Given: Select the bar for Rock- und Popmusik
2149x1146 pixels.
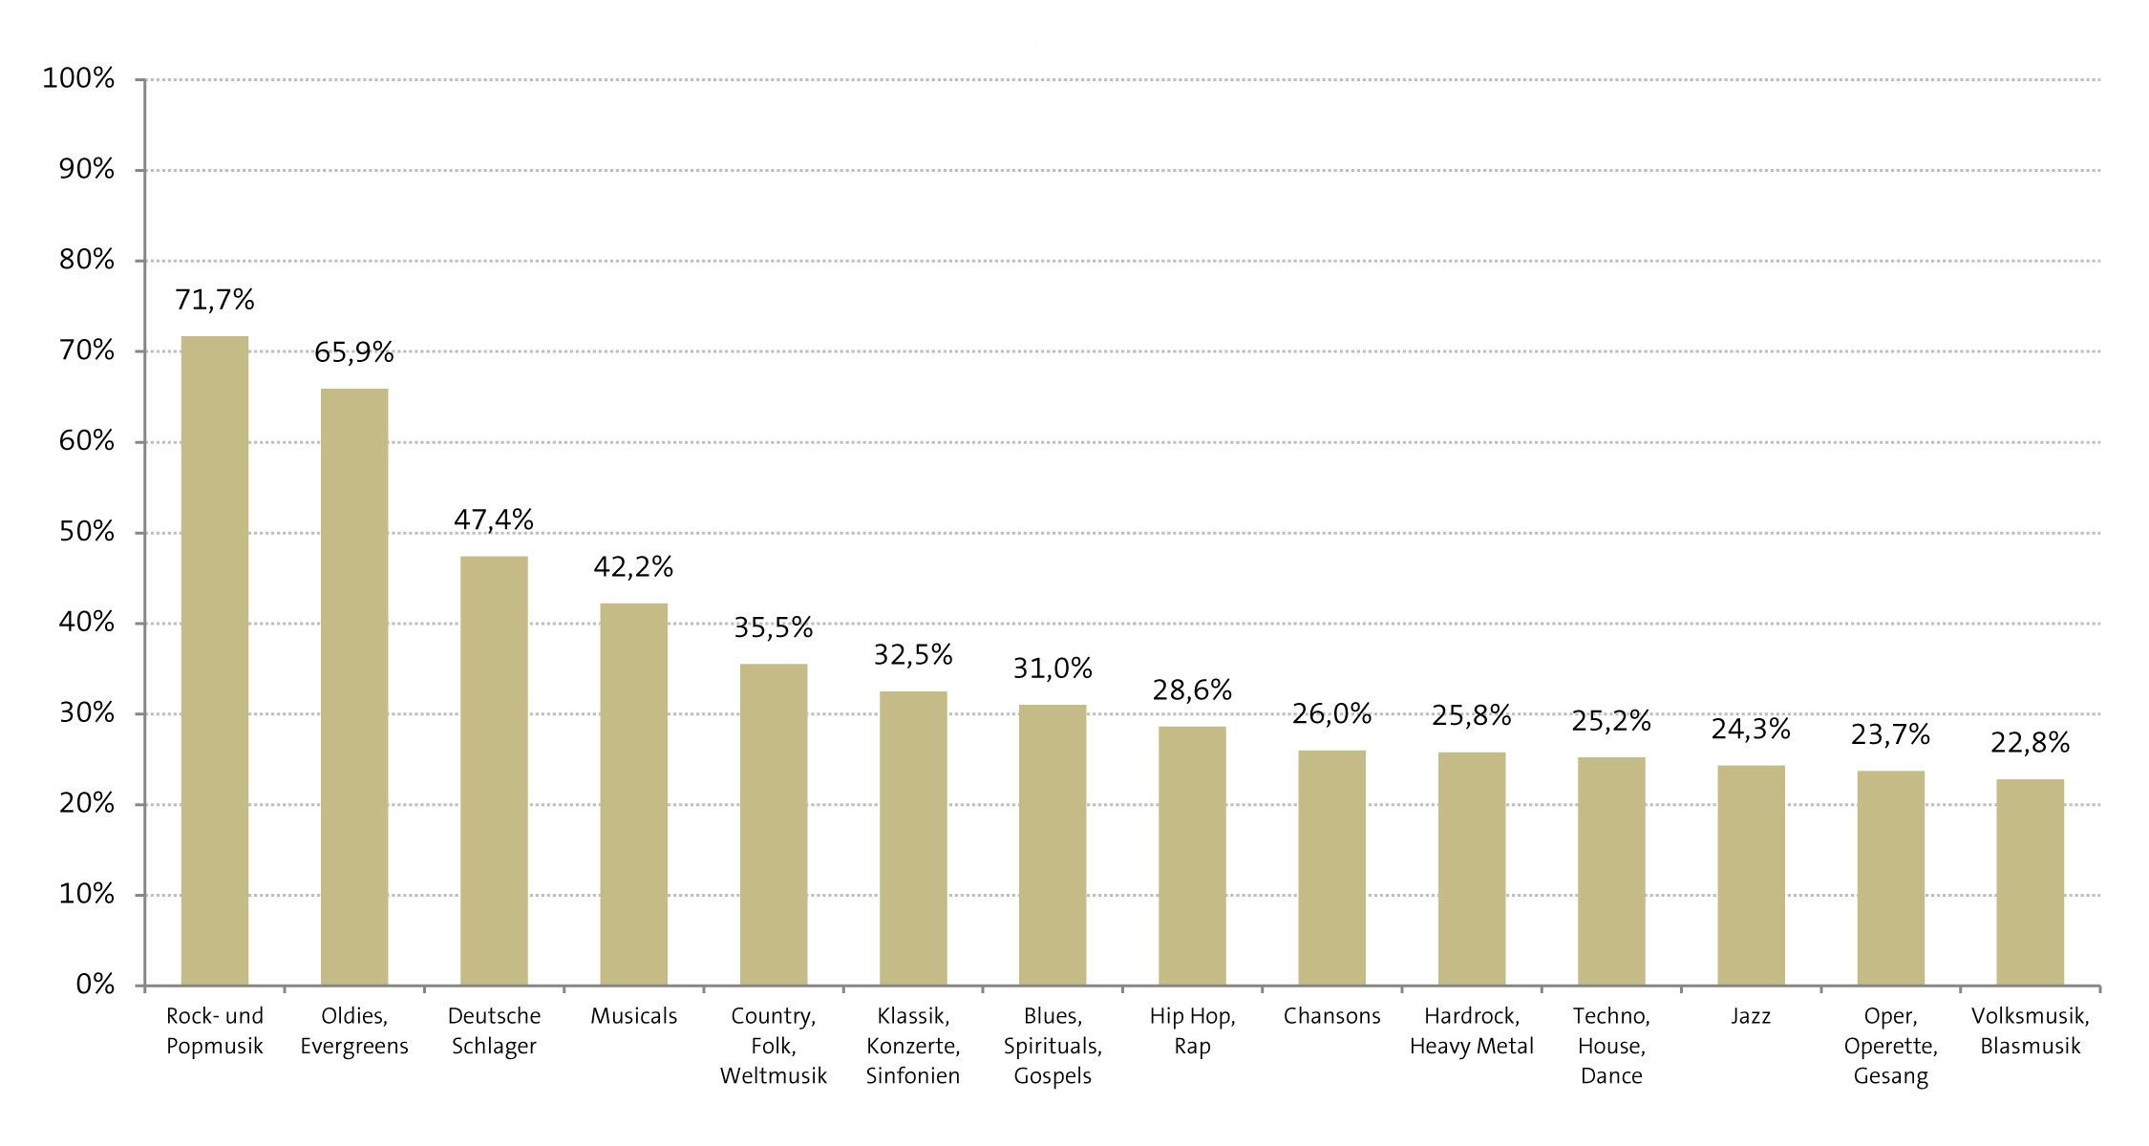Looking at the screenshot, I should coord(214,661).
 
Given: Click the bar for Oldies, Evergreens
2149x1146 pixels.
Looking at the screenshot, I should coord(354,688).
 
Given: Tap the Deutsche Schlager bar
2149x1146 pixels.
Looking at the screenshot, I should coord(494,771).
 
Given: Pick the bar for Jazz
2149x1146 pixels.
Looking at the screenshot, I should coord(1751,876).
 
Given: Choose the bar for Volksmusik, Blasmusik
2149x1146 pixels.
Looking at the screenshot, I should coord(2030,882).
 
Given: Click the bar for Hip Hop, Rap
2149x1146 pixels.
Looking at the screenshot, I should coord(1192,856).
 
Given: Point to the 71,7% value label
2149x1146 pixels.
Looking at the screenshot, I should coord(214,301).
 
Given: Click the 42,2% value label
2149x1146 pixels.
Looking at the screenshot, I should coord(633,567).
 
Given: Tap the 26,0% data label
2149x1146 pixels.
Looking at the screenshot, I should coord(1331,714).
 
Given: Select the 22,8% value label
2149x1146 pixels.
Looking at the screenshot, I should coord(2030,743).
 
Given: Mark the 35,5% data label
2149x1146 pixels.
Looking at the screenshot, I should coord(773,628).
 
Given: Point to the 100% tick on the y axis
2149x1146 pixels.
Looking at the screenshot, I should coord(78,78).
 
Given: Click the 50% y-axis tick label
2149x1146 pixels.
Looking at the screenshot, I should coord(87,532).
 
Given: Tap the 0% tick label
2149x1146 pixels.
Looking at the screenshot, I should coord(96,985).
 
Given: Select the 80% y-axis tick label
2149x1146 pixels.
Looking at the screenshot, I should coord(87,260).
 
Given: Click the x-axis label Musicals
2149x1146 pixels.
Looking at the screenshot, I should coord(633,1016).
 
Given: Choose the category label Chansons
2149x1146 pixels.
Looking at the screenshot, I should coord(1331,1016).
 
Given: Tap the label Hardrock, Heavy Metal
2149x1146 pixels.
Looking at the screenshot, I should coord(1471,1031).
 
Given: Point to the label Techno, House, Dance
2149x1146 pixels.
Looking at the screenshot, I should coord(1611,1046).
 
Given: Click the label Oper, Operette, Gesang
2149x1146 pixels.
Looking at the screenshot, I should coord(1890,1046).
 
